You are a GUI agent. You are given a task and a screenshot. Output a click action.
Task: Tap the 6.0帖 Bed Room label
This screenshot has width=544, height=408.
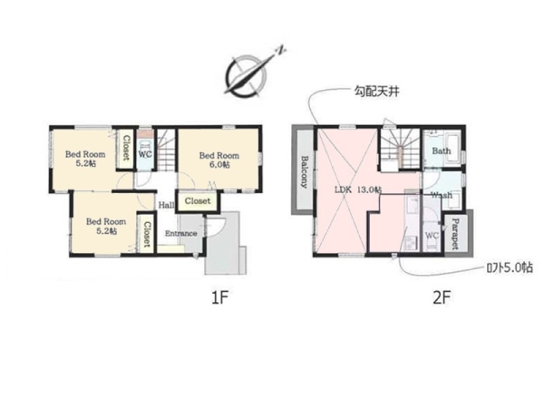tap(219, 160)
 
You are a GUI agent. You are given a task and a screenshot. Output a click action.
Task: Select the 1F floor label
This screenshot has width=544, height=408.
tap(220, 297)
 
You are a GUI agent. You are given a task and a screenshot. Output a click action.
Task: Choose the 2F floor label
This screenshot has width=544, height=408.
tap(442, 297)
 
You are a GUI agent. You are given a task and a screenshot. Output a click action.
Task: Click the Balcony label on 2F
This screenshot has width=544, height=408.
tap(304, 171)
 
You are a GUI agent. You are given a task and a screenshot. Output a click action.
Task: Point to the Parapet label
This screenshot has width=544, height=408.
tap(455, 234)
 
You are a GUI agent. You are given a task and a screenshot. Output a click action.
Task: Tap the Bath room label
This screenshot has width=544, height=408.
tap(442, 151)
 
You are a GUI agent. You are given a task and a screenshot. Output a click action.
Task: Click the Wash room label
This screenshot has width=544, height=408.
tap(442, 195)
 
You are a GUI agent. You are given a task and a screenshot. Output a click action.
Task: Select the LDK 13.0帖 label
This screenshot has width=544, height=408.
tap(358, 189)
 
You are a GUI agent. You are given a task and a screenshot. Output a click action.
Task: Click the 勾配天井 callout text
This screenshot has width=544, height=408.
tap(377, 92)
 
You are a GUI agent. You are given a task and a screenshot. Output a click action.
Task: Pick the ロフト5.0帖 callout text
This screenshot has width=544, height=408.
tap(510, 267)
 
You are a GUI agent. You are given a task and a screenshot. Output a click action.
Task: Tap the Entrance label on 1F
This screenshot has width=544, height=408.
tap(181, 234)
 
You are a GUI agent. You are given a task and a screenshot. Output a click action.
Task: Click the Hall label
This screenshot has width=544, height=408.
tap(167, 205)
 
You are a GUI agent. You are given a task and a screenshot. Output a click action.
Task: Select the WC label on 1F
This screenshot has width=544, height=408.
tap(145, 154)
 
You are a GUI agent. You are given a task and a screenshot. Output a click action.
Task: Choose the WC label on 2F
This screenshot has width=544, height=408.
tap(432, 236)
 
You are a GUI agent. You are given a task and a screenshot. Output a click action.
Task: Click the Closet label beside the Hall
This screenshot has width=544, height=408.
tap(198, 201)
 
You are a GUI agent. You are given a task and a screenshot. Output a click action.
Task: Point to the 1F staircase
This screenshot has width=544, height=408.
tap(166, 150)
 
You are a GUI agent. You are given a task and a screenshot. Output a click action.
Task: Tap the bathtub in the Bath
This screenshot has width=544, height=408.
tap(452, 147)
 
